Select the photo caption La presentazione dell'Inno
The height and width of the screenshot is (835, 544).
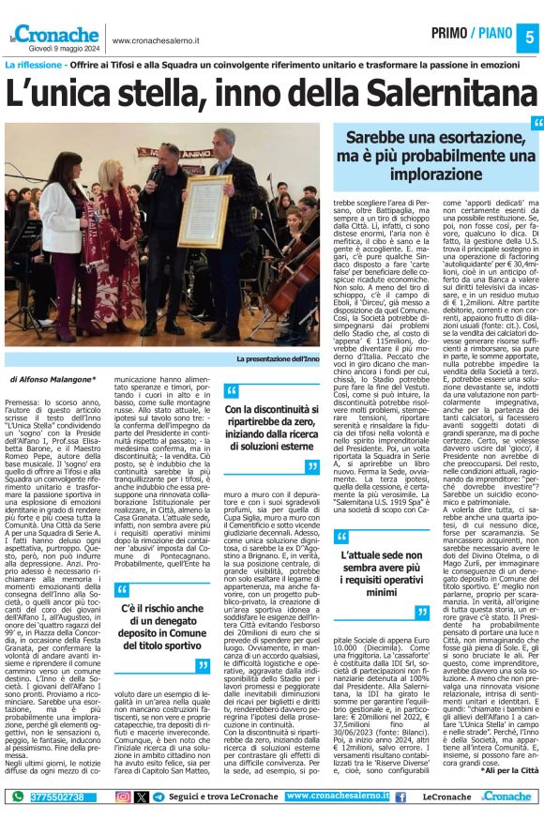click(279, 358)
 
